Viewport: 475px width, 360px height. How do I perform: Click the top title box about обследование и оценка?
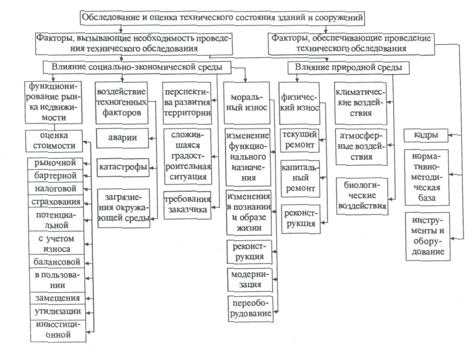point(223,18)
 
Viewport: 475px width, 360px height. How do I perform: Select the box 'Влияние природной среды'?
point(348,68)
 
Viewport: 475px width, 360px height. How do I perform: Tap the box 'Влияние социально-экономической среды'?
point(137,68)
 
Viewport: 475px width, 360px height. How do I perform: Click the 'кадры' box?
point(426,135)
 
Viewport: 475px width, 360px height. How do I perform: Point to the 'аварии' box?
point(122,138)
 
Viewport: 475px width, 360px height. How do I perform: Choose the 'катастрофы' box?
point(123,167)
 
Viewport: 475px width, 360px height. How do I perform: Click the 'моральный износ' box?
point(247,103)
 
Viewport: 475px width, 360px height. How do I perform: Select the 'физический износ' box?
point(300,103)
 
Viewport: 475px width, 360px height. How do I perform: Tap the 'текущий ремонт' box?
point(300,140)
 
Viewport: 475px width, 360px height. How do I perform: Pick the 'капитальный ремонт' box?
point(300,179)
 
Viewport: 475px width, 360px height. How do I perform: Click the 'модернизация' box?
point(250,279)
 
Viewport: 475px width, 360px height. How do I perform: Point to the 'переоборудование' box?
point(251,309)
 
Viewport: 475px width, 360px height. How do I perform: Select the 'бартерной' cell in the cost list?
point(55,175)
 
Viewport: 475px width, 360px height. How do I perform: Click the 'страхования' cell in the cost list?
point(56,201)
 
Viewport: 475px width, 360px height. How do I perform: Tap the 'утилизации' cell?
point(58,311)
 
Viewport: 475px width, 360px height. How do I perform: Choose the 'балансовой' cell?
point(57,261)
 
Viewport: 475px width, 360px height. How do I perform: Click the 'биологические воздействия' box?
point(362,196)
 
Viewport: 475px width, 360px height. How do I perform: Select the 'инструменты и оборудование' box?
point(428,236)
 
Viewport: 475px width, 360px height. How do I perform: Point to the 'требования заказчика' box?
point(187,205)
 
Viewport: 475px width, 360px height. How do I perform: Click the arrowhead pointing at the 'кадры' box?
point(450,135)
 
